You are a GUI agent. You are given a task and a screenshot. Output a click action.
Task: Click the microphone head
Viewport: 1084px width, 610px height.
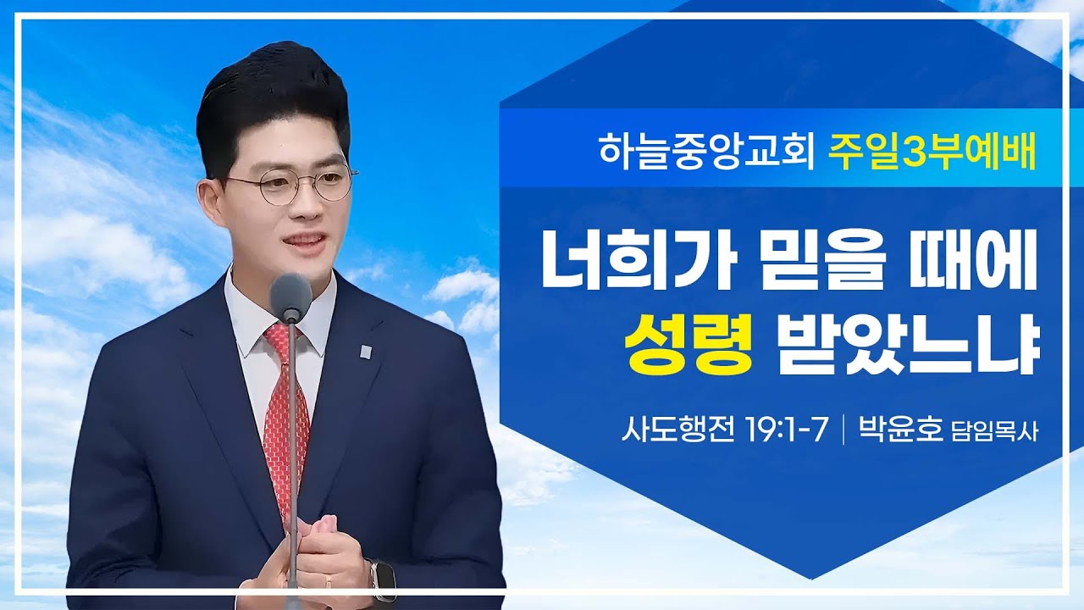[x=291, y=297]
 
